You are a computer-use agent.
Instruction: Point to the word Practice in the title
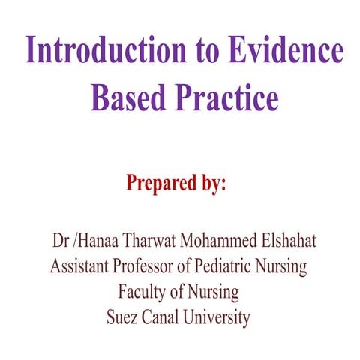[225, 98]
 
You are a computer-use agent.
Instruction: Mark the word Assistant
[82, 266]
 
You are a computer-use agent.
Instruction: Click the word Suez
[122, 316]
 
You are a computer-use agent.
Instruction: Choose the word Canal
[163, 316]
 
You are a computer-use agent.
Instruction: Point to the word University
[219, 317]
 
